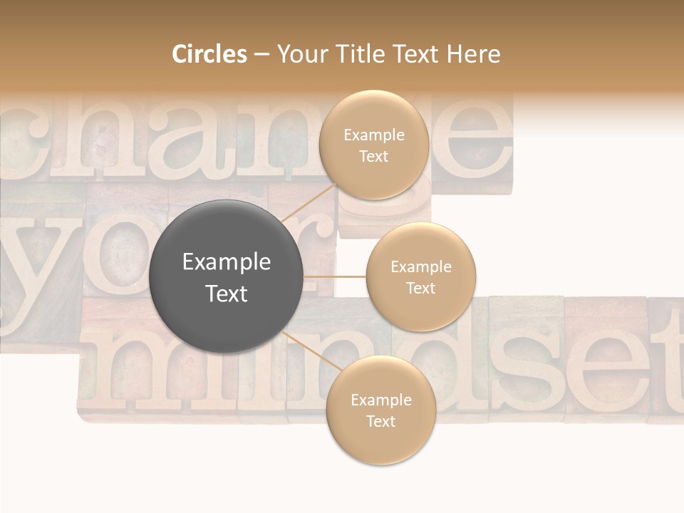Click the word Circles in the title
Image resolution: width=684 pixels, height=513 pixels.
click(x=209, y=54)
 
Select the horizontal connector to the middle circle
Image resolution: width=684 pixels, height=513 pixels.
click(x=334, y=276)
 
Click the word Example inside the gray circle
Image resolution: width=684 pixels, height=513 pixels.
click(x=226, y=262)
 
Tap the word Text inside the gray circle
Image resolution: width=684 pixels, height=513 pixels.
click(x=226, y=294)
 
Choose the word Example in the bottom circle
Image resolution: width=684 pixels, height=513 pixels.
click(x=380, y=400)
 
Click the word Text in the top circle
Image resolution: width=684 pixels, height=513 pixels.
click(x=373, y=156)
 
